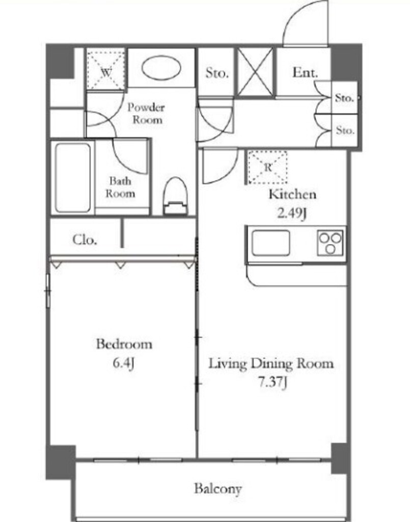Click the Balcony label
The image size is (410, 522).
coord(218,489)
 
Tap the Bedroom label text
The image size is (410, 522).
coord(124,344)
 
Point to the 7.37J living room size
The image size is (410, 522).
coord(272,382)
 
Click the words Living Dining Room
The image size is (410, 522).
coord(271,363)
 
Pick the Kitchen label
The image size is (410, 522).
coord(292,194)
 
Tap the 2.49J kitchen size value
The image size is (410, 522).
coord(292,213)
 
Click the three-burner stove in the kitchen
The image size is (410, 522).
coord(330,243)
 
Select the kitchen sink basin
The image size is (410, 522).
coord(270,243)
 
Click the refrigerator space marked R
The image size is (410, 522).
coord(268,167)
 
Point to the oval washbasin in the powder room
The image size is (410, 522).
coord(161,68)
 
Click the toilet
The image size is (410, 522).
coord(175,196)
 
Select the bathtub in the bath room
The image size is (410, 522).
coord(73,178)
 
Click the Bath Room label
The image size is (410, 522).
coord(120,188)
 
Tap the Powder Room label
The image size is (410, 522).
coord(146,114)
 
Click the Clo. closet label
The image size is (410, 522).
coord(85,240)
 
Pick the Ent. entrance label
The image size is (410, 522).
coord(305,72)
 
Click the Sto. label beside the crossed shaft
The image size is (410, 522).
coord(217,72)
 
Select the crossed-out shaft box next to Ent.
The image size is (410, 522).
coord(255,72)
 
